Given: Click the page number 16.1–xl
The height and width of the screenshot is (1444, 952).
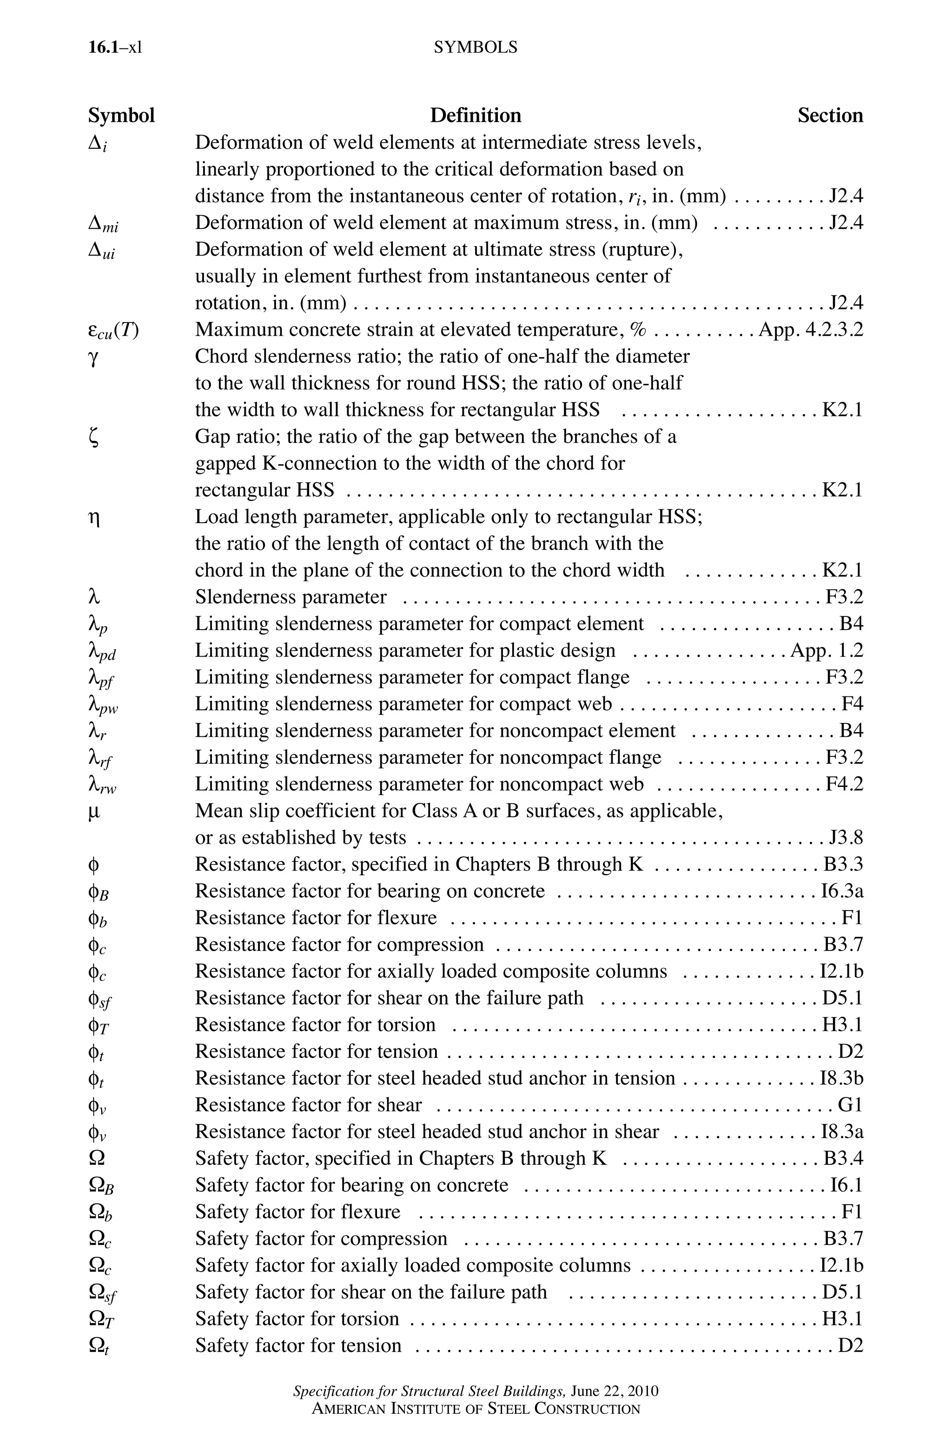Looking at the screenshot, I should point(115,47).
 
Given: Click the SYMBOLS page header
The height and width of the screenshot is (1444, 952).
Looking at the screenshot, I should point(476,47).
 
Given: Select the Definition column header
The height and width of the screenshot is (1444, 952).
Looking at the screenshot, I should point(476,115).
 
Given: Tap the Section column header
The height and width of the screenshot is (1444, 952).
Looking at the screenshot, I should point(829,115).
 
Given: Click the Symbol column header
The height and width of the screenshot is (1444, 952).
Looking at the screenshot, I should point(121,115).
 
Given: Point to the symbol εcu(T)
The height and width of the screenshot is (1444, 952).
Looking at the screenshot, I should point(113,331).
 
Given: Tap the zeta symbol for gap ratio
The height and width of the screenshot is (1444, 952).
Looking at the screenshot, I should point(93,438).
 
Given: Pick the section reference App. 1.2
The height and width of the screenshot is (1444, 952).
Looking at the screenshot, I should point(826,650).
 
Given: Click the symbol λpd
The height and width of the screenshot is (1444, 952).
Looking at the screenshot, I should point(102,652).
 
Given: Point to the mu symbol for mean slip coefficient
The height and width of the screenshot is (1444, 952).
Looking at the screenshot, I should point(93,812).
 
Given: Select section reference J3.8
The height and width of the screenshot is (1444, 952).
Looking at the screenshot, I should point(846,837).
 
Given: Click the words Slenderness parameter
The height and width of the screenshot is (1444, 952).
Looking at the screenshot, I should point(290,597).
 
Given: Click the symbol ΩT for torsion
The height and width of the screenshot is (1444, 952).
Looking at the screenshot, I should point(101,1319).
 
